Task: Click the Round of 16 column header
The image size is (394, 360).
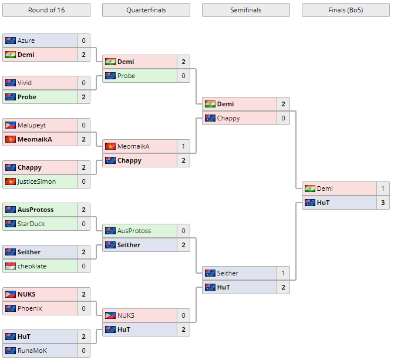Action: [46, 10]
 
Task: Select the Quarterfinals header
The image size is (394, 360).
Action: [146, 10]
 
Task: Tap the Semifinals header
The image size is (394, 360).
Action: [245, 10]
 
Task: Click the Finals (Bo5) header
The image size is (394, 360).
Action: [345, 10]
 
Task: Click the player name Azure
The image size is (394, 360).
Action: [26, 41]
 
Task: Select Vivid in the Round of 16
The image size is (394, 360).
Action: [25, 83]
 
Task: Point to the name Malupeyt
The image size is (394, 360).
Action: [32, 125]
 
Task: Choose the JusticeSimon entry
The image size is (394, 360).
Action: [37, 181]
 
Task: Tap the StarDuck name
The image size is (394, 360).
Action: [31, 224]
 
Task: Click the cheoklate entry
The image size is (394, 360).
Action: [32, 266]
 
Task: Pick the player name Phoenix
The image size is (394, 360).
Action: [30, 308]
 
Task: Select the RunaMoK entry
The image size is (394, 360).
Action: [32, 351]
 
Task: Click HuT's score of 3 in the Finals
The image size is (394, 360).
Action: [382, 203]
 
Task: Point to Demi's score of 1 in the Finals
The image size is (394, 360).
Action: [382, 189]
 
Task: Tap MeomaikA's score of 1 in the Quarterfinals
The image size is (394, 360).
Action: [183, 146]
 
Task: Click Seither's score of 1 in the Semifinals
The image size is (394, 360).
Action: [283, 273]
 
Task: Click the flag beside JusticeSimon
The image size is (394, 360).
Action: [11, 181]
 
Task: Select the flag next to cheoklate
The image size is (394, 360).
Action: [11, 266]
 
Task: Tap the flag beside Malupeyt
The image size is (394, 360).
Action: [11, 125]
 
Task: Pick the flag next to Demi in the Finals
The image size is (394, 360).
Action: [310, 189]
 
